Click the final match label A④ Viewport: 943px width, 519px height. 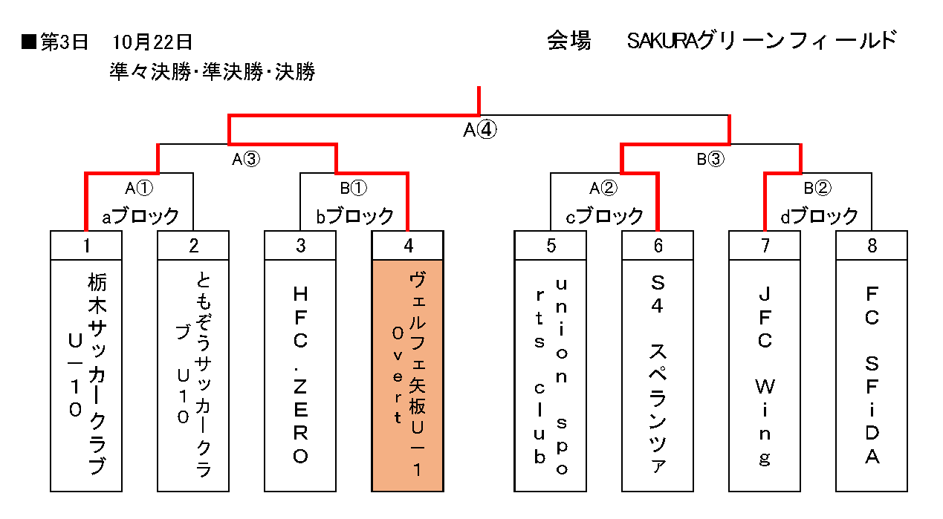(x=479, y=130)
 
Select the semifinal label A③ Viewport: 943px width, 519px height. (x=246, y=158)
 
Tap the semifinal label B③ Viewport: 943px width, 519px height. (x=710, y=158)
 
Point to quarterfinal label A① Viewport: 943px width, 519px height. (x=139, y=188)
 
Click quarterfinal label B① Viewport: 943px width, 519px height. (x=354, y=188)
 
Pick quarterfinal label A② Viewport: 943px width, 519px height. (x=604, y=188)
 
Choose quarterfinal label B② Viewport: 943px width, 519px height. (x=818, y=188)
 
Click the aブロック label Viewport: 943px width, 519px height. (x=140, y=216)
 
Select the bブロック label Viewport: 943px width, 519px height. (x=354, y=216)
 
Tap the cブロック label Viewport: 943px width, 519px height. (x=604, y=216)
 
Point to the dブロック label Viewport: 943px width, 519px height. (x=818, y=216)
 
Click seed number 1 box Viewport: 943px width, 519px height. (x=86, y=246)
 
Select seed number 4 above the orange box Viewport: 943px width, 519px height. (x=407, y=246)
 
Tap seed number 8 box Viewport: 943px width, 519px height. (x=872, y=246)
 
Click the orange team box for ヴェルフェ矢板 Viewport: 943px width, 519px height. (x=407, y=375)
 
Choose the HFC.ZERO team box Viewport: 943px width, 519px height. (x=300, y=375)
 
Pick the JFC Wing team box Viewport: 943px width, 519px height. (x=765, y=375)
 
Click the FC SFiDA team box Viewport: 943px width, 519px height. (x=872, y=375)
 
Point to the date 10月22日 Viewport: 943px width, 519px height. (x=154, y=42)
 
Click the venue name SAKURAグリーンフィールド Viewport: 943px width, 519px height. (x=762, y=41)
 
